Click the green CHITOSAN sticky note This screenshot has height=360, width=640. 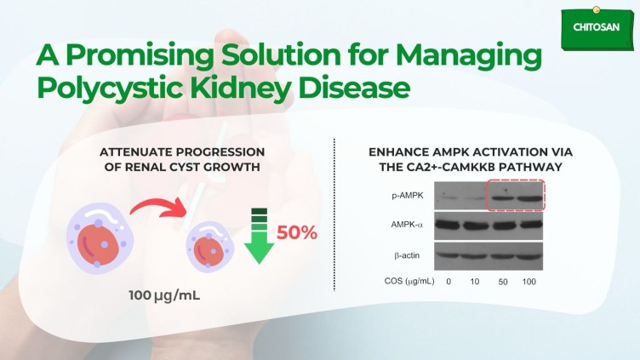click(x=597, y=28)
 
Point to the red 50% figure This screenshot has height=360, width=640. click(x=297, y=232)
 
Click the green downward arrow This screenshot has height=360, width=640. click(x=259, y=236)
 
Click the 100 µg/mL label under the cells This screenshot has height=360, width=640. click(x=164, y=295)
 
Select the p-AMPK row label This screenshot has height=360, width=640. click(x=408, y=196)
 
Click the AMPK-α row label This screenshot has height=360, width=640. click(x=407, y=225)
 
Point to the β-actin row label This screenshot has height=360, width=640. click(x=407, y=255)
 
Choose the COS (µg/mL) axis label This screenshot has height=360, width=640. click(x=409, y=281)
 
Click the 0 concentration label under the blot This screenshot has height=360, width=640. click(x=449, y=282)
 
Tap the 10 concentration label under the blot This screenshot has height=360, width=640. click(x=474, y=282)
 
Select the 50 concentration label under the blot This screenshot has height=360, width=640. click(x=503, y=282)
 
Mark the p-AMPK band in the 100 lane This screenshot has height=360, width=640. click(x=529, y=199)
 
